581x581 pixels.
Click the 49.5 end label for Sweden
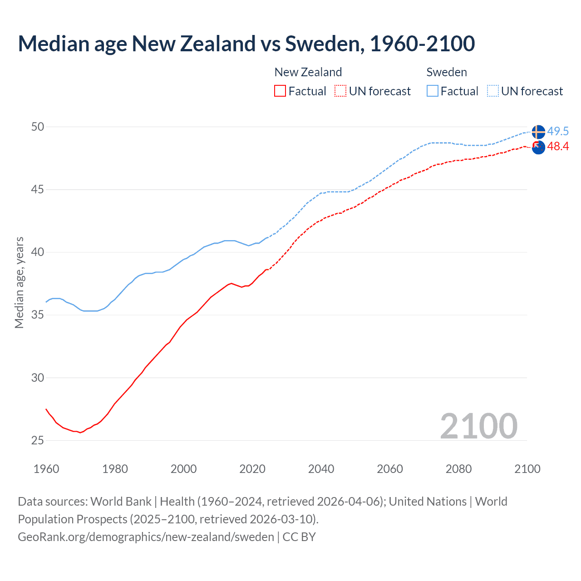pyautogui.click(x=558, y=131)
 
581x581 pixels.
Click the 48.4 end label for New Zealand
pyautogui.click(x=558, y=146)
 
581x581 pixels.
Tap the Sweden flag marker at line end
pyautogui.click(x=538, y=132)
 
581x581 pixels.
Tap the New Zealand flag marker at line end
pyautogui.click(x=538, y=147)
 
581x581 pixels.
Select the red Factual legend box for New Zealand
pyautogui.click(x=280, y=91)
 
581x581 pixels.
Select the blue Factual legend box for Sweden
pyautogui.click(x=433, y=91)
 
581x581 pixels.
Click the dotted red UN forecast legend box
pyautogui.click(x=340, y=91)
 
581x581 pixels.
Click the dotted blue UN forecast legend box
pyautogui.click(x=493, y=91)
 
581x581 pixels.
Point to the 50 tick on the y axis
pyautogui.click(x=38, y=127)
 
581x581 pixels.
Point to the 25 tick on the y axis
pyautogui.click(x=38, y=440)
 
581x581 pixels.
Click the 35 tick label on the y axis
pyautogui.click(x=38, y=315)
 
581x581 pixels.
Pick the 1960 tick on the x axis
pyautogui.click(x=46, y=469)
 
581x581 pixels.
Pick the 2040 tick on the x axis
pyautogui.click(x=321, y=469)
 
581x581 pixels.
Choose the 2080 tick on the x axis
pyautogui.click(x=458, y=469)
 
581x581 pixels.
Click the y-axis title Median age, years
pyautogui.click(x=19, y=282)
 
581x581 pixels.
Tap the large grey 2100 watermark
pyautogui.click(x=478, y=426)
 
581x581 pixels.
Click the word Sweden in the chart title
pyautogui.click(x=324, y=44)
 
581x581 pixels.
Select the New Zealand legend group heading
pyautogui.click(x=308, y=72)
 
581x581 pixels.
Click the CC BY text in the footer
pyautogui.click(x=299, y=537)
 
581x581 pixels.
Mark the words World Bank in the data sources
pyautogui.click(x=121, y=502)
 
